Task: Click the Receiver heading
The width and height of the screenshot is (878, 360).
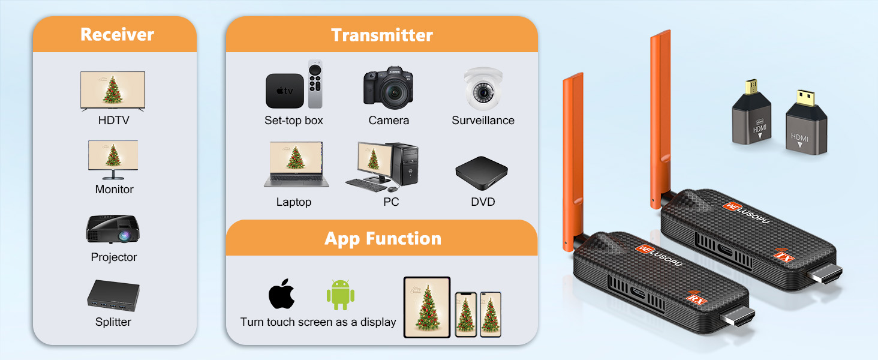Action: (117, 34)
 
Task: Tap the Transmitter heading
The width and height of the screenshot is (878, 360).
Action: (381, 35)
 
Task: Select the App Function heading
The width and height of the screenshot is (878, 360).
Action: (383, 239)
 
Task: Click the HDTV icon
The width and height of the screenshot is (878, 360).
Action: (113, 91)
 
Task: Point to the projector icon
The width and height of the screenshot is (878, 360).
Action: (113, 229)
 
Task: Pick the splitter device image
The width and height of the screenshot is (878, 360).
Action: (113, 295)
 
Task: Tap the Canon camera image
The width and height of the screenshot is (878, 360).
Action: (388, 87)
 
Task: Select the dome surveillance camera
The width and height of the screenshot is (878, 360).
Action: (482, 88)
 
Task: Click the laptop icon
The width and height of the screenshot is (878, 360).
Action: (293, 165)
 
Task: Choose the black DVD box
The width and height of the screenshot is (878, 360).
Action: (481, 173)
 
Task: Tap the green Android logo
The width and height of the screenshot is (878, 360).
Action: (340, 295)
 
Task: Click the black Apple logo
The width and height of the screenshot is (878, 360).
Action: (282, 294)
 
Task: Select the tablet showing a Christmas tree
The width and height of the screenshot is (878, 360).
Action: (427, 307)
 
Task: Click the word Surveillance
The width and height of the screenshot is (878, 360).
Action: (483, 121)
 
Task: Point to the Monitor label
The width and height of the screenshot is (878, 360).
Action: (114, 190)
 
